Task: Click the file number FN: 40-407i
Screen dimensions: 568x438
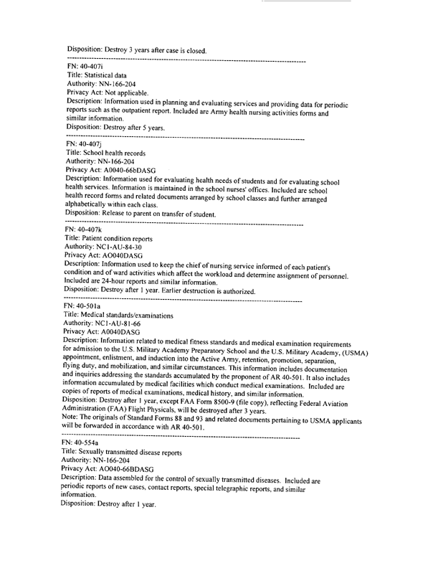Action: tap(85, 66)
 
